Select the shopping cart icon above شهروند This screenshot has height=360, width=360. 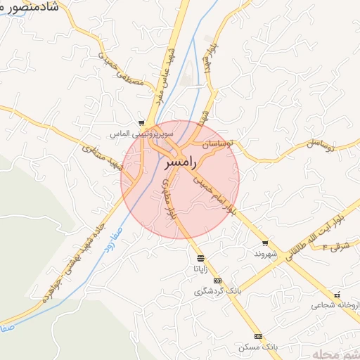(x=264, y=243)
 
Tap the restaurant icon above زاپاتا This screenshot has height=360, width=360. (x=201, y=258)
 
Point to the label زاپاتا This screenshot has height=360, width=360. (x=200, y=269)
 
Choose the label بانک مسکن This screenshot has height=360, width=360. (x=258, y=347)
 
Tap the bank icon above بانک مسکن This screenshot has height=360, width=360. (x=258, y=337)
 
